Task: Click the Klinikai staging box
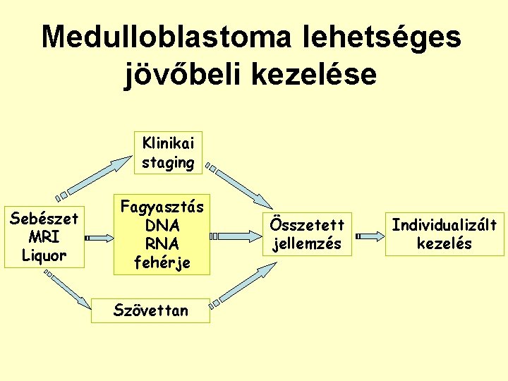167,152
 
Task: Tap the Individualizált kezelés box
444,234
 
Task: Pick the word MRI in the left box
43,237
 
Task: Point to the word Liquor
43,255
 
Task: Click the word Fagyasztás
162,208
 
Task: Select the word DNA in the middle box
162,226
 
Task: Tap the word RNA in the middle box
162,243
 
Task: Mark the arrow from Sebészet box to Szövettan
74,291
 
